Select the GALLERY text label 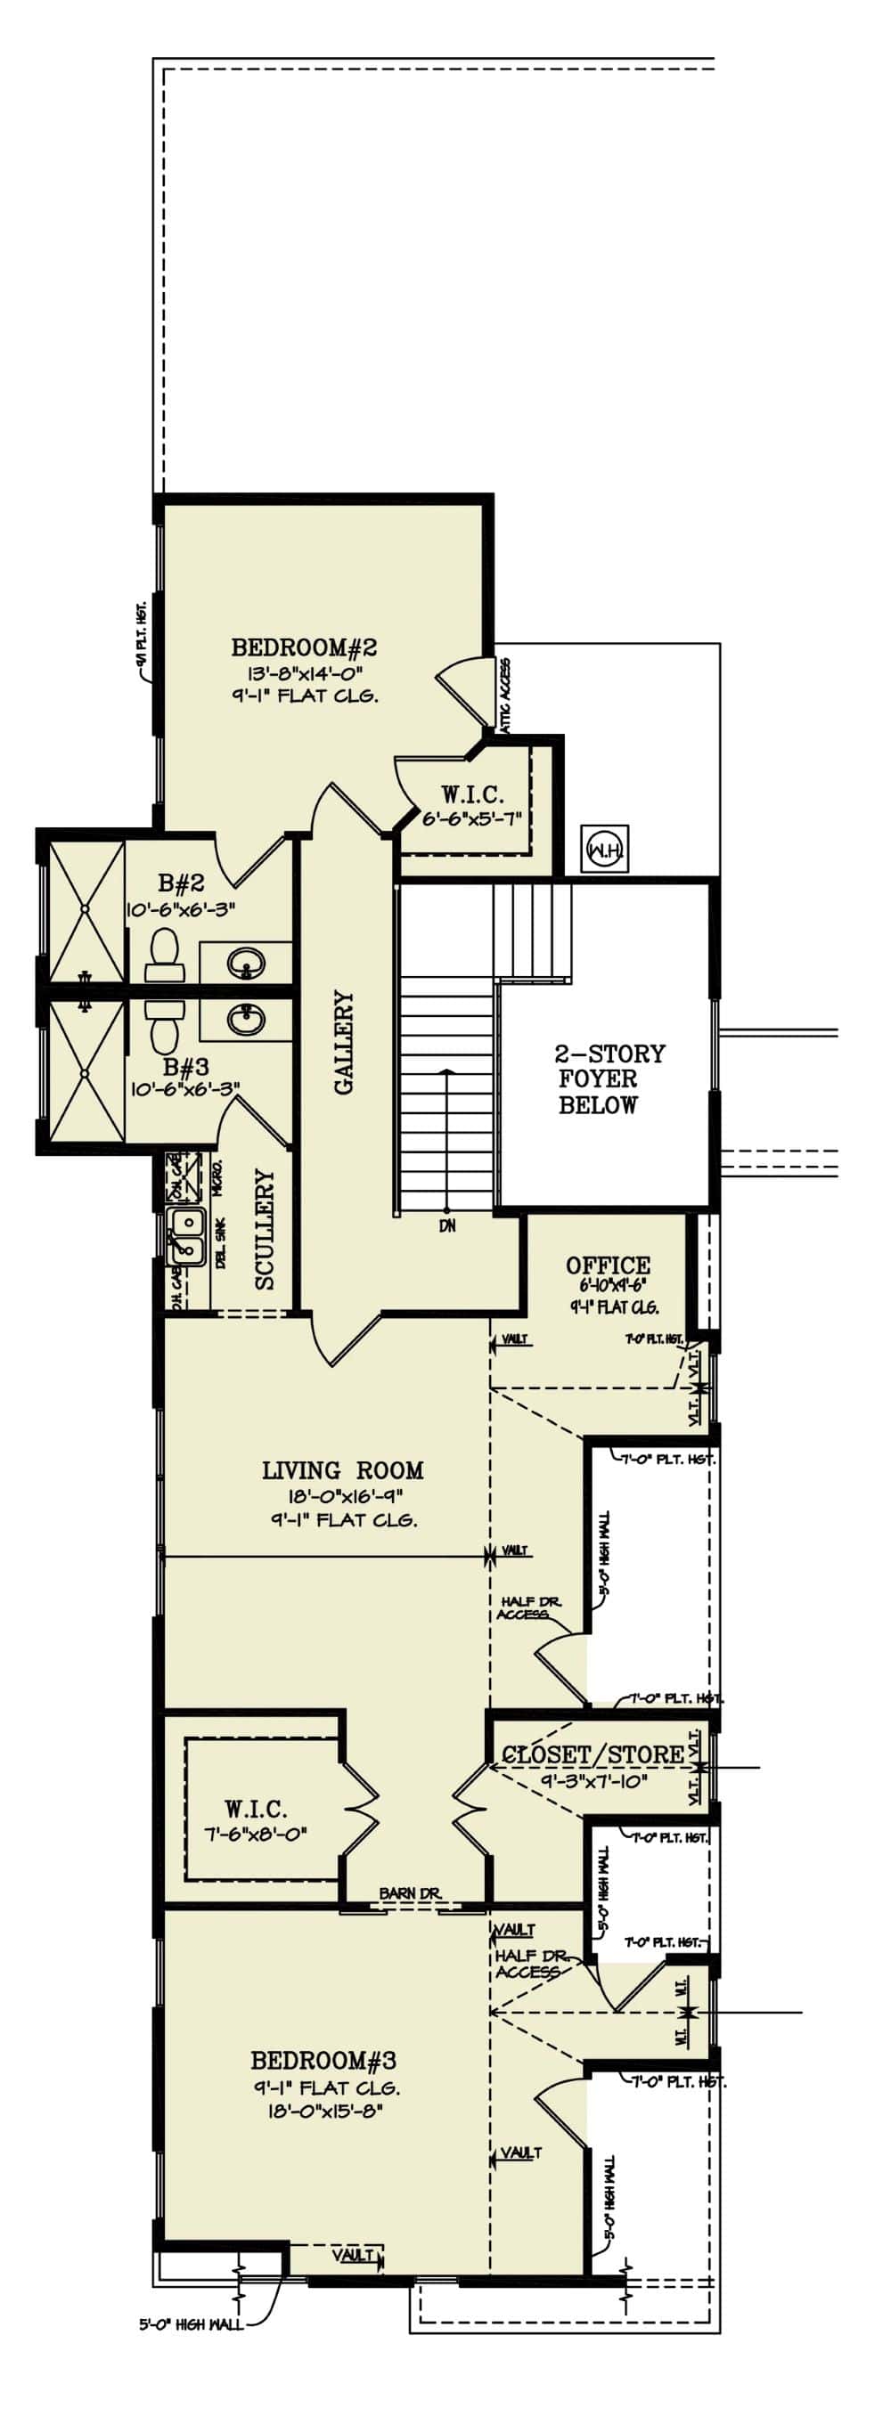[344, 1041]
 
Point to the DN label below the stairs [447, 1226]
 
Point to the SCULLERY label [265, 1229]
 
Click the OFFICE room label [608, 1265]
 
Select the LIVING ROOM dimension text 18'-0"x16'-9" [342, 1497]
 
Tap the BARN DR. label [410, 1892]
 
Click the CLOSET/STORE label [593, 1754]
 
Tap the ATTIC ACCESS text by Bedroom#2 [505, 695]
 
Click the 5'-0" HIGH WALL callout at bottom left [191, 2324]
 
